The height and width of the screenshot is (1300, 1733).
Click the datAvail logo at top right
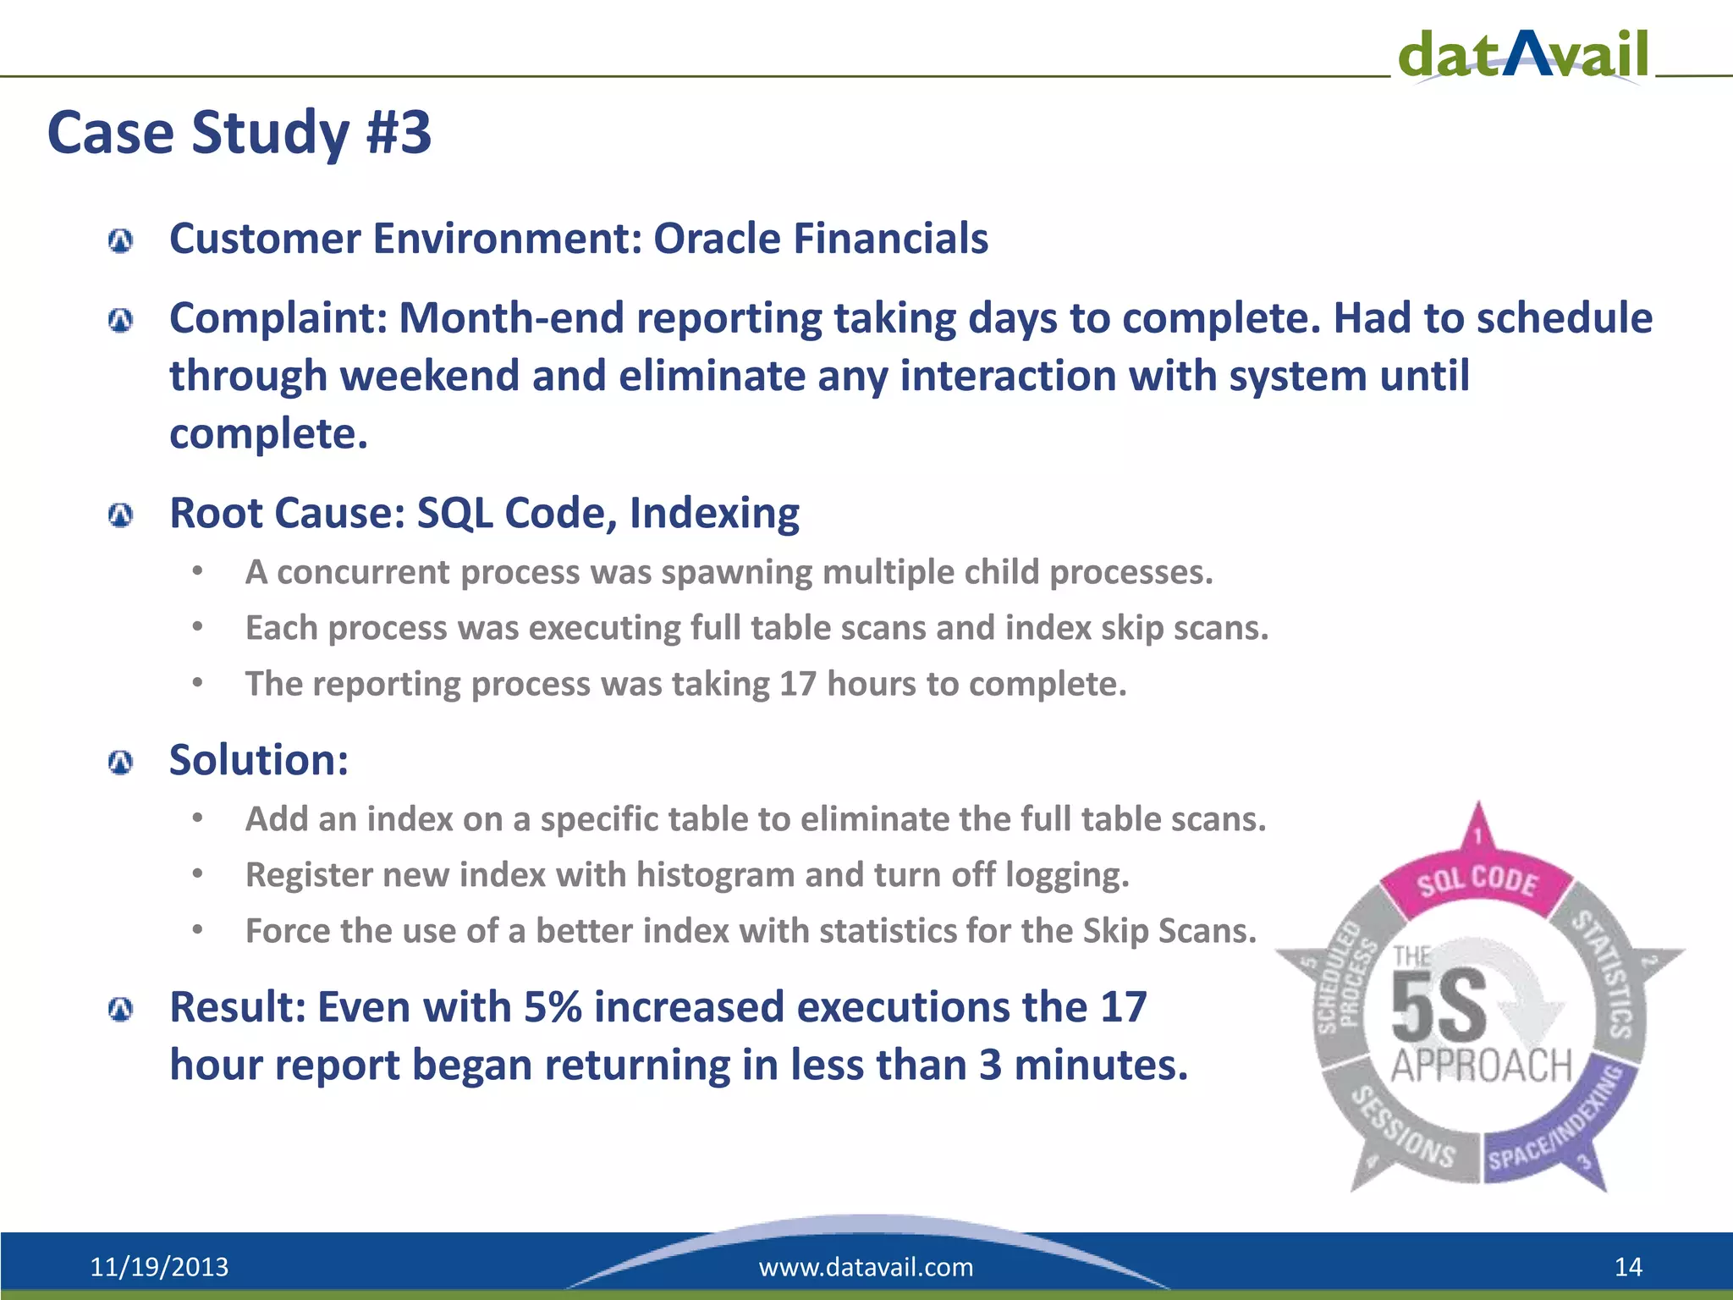click(1523, 54)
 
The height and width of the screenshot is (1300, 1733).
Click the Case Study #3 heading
click(239, 133)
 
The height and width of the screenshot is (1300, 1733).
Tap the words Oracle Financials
click(820, 239)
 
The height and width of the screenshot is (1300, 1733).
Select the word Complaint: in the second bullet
click(278, 319)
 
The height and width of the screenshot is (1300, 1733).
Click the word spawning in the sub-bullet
click(740, 573)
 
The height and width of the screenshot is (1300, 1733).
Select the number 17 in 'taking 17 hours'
click(797, 684)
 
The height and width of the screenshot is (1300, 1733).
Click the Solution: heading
click(259, 760)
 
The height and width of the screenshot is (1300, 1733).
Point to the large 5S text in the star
click(1439, 1007)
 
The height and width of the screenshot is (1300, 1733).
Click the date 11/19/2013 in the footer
click(159, 1267)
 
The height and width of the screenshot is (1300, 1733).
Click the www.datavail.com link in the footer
click(866, 1267)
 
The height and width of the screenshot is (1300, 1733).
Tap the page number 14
click(1628, 1267)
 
